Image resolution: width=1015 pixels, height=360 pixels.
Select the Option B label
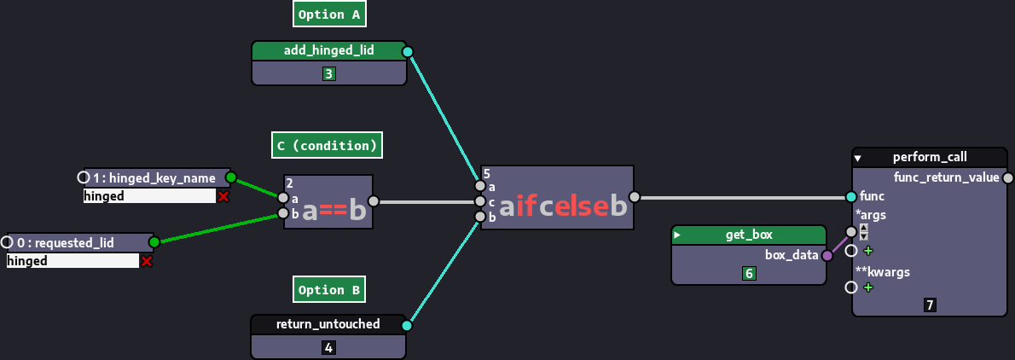(x=329, y=290)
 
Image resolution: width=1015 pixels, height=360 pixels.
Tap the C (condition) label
(x=327, y=145)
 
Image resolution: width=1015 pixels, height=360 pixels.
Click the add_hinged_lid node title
(x=328, y=51)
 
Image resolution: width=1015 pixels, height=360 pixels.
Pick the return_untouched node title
(x=328, y=324)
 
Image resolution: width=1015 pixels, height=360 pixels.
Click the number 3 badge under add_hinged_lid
(x=328, y=74)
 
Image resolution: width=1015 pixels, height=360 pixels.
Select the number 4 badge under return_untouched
(x=328, y=347)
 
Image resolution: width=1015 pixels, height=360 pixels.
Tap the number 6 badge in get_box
(x=749, y=273)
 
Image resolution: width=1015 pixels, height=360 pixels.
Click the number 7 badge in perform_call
(x=930, y=305)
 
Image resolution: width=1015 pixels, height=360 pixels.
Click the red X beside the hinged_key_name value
(x=223, y=196)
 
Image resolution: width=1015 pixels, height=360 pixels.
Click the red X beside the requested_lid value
(x=147, y=261)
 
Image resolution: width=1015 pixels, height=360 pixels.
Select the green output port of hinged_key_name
(x=230, y=177)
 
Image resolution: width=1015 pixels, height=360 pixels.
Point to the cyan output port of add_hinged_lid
(x=407, y=51)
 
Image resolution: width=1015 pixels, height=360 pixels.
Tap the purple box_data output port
(x=826, y=254)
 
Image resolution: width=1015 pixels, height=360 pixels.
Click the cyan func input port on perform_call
(x=851, y=196)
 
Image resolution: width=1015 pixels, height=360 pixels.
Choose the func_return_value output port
(x=1007, y=177)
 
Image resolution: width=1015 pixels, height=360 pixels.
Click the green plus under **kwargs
(x=868, y=287)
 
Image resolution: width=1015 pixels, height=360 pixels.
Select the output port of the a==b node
(x=373, y=202)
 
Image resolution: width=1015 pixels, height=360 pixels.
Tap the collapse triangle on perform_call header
(x=858, y=158)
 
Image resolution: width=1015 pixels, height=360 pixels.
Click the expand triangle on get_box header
(x=678, y=235)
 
